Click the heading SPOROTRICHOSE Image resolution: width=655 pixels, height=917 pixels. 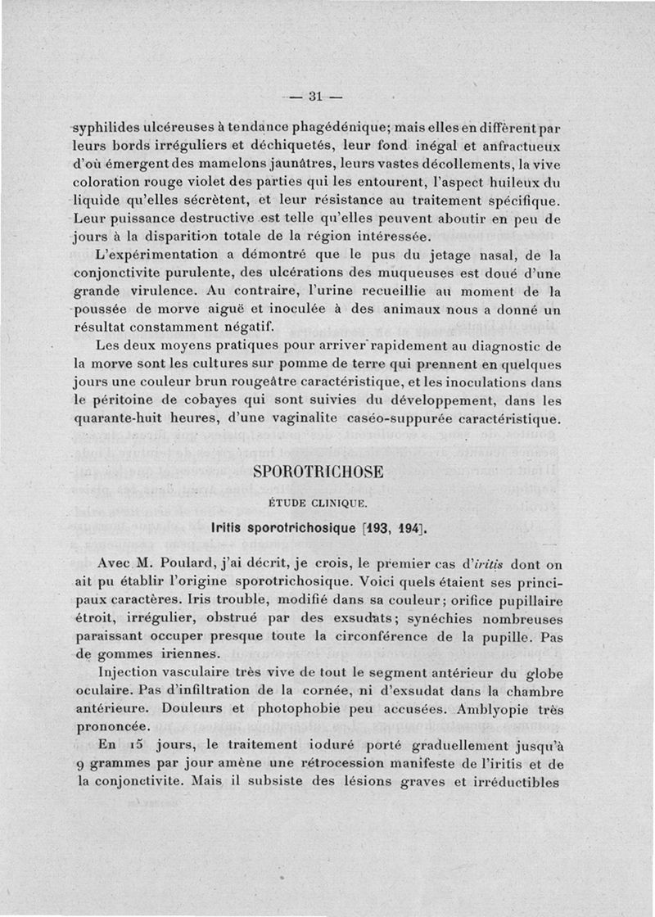point(318,472)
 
